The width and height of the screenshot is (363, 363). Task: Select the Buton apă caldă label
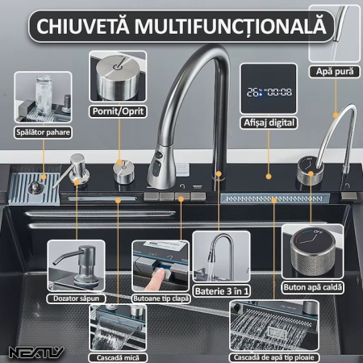(311, 285)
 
